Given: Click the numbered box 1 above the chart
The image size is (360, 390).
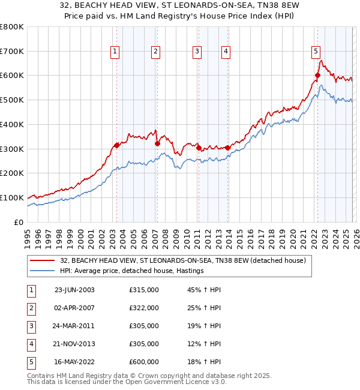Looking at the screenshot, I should click(115, 52).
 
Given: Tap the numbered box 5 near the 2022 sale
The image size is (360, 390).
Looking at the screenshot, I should click(316, 52).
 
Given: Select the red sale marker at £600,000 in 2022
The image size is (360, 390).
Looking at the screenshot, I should click(317, 76).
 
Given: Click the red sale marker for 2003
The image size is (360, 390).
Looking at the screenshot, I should click(116, 145).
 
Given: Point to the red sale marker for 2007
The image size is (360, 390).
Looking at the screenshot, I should click(157, 143).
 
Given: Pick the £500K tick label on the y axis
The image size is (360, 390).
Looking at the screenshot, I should click(11, 100).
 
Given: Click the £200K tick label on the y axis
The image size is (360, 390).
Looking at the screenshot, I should click(11, 173).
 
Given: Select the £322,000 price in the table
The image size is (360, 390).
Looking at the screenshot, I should click(144, 308).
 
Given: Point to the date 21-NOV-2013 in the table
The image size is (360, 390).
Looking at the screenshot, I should click(74, 344).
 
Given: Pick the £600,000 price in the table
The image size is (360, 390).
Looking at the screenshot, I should click(144, 362).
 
